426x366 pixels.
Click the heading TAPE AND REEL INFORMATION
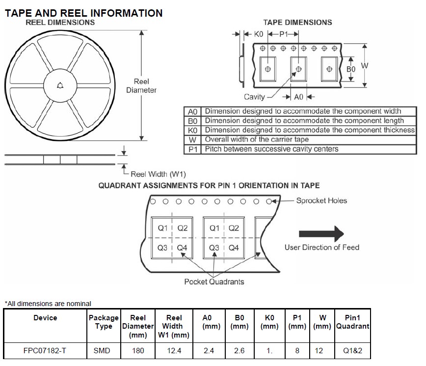pyautogui.click(x=83, y=13)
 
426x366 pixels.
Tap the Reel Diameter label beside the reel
pyautogui.click(x=141, y=85)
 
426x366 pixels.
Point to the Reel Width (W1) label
pyautogui.click(x=158, y=174)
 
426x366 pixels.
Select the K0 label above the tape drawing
pyautogui.click(x=259, y=34)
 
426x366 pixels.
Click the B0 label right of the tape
pyautogui.click(x=351, y=69)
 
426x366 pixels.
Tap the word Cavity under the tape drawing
pyautogui.click(x=254, y=97)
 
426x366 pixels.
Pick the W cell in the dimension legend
pyautogui.click(x=192, y=140)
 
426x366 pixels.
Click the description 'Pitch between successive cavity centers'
pyautogui.click(x=271, y=149)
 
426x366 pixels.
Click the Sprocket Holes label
pyautogui.click(x=321, y=200)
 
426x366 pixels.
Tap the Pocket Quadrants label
pyautogui.click(x=214, y=282)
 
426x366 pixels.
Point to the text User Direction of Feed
pyautogui.click(x=322, y=247)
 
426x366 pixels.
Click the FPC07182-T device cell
pyautogui.click(x=45, y=350)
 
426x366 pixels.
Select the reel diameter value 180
pyautogui.click(x=138, y=350)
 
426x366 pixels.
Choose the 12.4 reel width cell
pyautogui.click(x=174, y=350)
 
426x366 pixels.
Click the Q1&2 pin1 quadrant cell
pyautogui.click(x=352, y=350)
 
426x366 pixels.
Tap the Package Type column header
pyautogui.click(x=104, y=322)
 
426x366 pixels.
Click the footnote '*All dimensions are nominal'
pyautogui.click(x=48, y=304)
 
